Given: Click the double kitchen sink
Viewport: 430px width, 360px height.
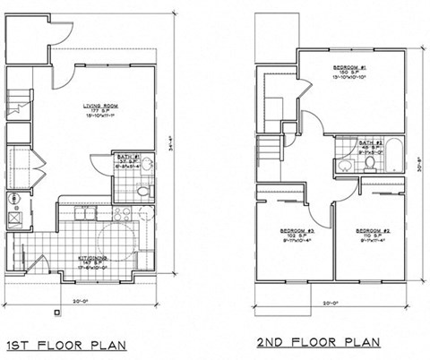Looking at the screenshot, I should point(119,212).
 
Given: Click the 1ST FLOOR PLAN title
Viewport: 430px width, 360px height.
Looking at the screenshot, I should point(65,343).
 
